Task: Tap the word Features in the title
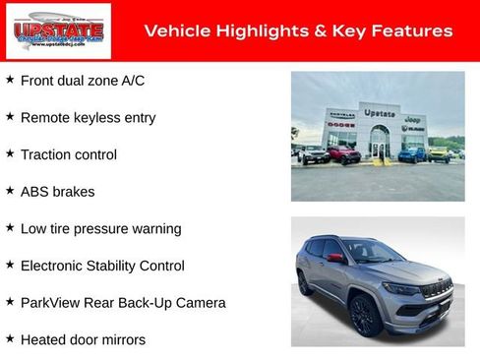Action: (x=410, y=31)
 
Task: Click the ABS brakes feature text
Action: (x=63, y=192)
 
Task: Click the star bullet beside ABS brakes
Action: (x=10, y=190)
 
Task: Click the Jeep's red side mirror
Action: (x=335, y=258)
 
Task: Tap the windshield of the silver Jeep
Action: (x=372, y=251)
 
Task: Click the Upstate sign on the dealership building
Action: (x=379, y=113)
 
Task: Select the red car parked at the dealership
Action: (x=343, y=154)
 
